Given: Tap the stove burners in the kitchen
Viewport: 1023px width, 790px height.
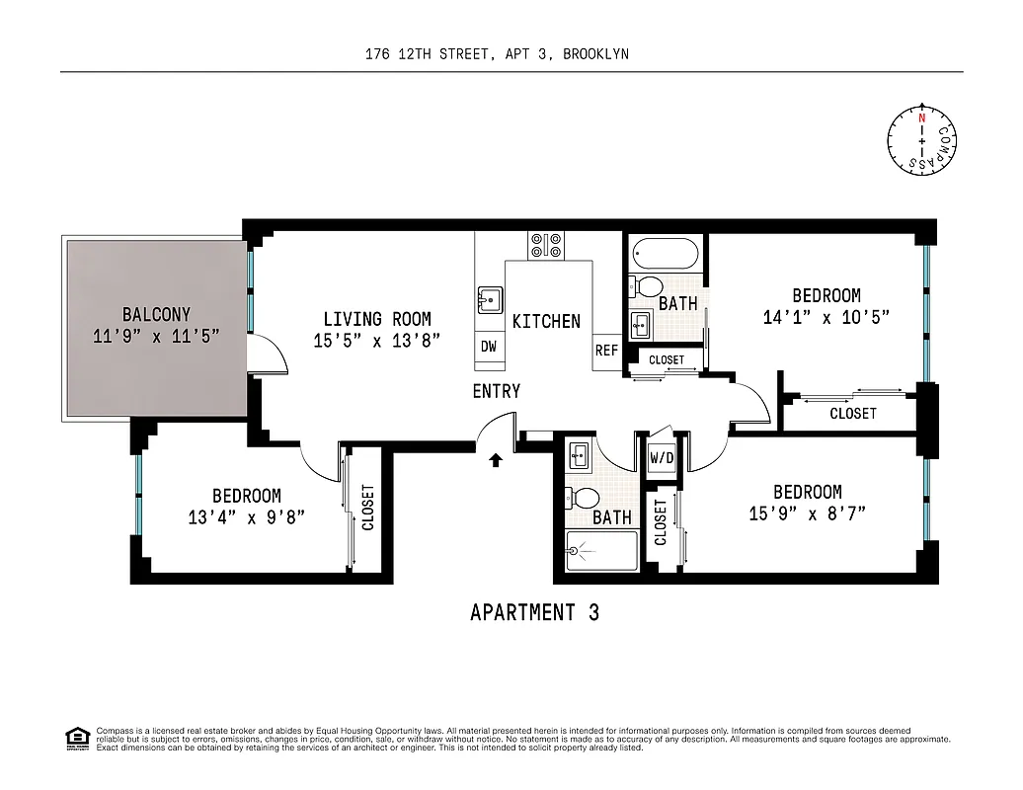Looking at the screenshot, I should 545,244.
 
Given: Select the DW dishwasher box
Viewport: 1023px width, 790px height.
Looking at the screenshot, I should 489,346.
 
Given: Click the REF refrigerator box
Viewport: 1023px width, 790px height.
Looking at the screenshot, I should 606,351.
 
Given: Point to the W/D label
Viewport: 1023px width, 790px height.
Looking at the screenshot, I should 661,458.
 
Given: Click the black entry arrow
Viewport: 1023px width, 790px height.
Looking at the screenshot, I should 496,458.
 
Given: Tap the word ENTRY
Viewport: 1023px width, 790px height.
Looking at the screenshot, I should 496,391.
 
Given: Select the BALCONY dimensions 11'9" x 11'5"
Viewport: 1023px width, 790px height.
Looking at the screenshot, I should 156,336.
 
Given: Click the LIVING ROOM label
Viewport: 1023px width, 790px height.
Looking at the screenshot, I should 376,319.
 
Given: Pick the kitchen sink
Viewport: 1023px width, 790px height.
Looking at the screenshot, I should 490,297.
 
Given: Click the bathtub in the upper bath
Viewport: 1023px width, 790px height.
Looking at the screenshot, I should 664,254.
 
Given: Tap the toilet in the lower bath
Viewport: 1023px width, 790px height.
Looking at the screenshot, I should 587,498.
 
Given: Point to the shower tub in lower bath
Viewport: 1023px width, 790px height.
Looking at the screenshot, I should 602,551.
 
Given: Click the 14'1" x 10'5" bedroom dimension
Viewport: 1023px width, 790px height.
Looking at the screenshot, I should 826,317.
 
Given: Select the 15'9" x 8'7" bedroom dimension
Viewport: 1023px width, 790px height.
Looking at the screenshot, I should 807,513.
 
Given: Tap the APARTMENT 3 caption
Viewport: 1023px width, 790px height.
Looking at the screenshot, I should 534,612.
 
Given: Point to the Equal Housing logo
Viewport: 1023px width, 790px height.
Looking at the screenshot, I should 76,737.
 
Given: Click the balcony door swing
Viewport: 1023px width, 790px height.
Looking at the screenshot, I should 269,353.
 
